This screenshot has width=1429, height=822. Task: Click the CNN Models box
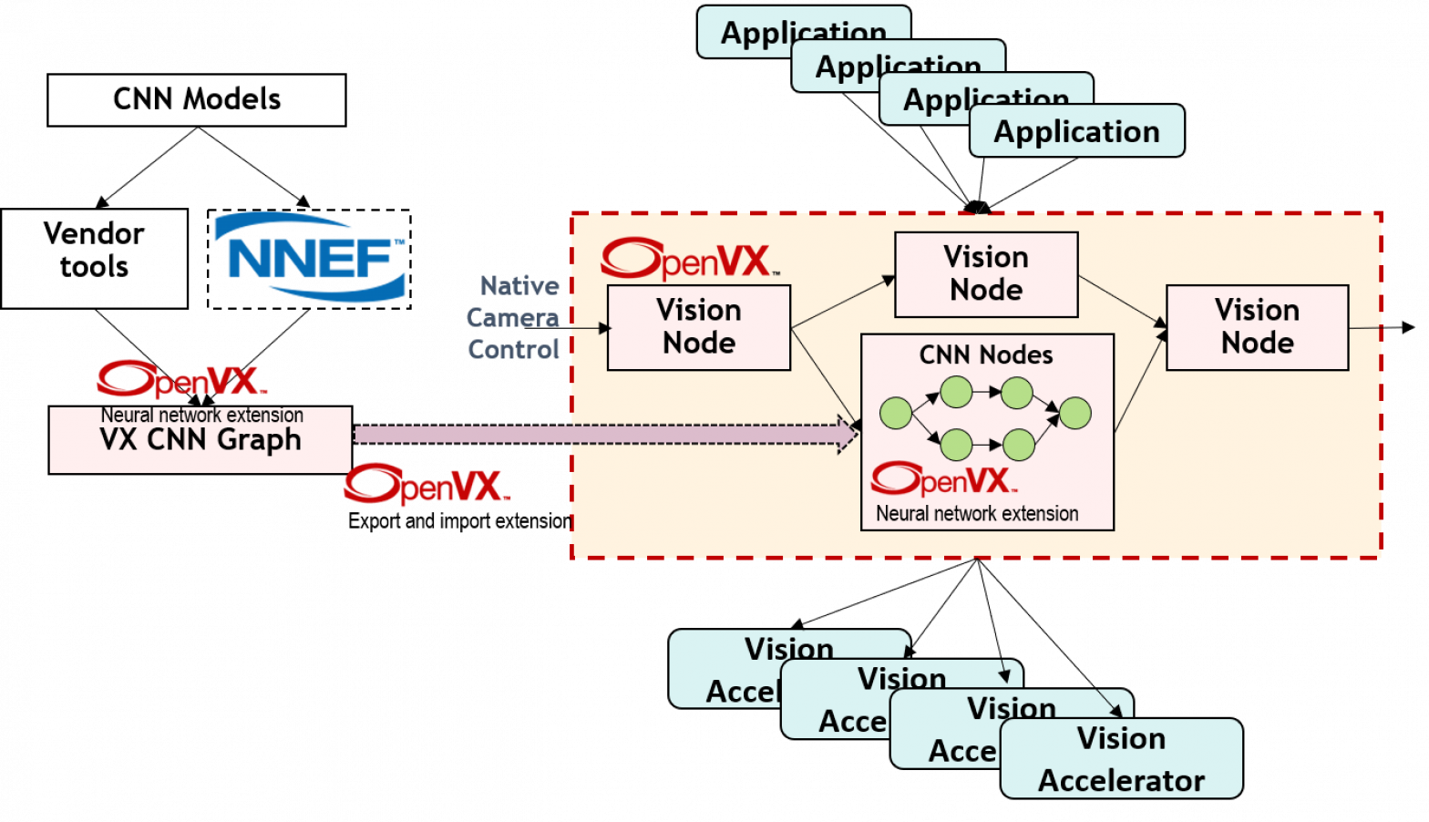pyautogui.click(x=196, y=99)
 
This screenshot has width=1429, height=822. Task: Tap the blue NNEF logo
pyautogui.click(x=310, y=257)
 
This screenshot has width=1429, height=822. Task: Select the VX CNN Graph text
pyautogui.click(x=200, y=440)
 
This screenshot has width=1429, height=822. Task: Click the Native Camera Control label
pyautogui.click(x=513, y=317)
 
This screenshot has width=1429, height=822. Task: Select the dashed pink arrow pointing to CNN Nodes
pyautogui.click(x=601, y=435)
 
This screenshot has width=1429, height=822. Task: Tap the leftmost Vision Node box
pyautogui.click(x=698, y=327)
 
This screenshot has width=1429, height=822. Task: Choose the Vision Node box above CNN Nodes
pyautogui.click(x=986, y=274)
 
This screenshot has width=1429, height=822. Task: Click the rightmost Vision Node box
pyautogui.click(x=1257, y=327)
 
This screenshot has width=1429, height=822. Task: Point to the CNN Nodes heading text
pyautogui.click(x=986, y=354)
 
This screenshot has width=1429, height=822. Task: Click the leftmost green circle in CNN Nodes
pyautogui.click(x=896, y=413)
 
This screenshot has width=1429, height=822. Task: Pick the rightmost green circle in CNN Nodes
pyautogui.click(x=1075, y=413)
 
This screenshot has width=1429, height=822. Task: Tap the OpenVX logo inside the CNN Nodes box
pyautogui.click(x=943, y=479)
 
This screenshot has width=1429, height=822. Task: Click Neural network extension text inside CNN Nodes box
pyautogui.click(x=977, y=514)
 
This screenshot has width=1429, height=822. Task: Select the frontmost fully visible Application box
pyautogui.click(x=1076, y=131)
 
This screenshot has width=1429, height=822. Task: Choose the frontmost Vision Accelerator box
pyautogui.click(x=1121, y=758)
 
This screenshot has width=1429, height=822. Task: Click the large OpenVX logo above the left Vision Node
pyautogui.click(x=690, y=259)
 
